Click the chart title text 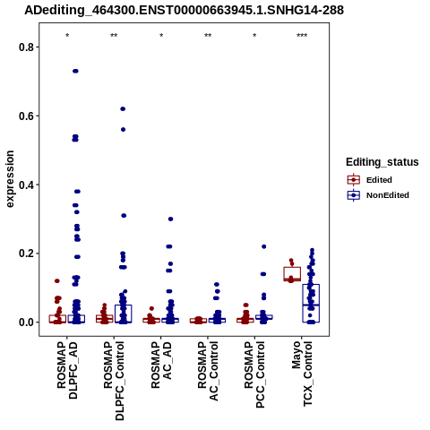click(184, 10)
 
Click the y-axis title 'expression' click(10, 179)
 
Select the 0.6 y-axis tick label click(25, 116)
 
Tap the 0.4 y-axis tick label click(25, 185)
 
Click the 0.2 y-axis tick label click(25, 254)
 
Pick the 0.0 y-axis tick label click(25, 322)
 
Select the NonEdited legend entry click(378, 195)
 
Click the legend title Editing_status click(383, 162)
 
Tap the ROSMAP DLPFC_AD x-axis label click(67, 370)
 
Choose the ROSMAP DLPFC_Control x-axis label click(114, 381)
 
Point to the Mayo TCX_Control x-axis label click(302, 374)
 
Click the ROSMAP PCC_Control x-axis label click(254, 374)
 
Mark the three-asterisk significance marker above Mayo click(302, 36)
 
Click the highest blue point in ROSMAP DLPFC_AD click(75, 71)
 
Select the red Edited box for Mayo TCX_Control click(292, 274)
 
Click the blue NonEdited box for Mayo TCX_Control click(311, 303)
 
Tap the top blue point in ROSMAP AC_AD click(170, 219)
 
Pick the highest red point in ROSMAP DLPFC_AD click(57, 281)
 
